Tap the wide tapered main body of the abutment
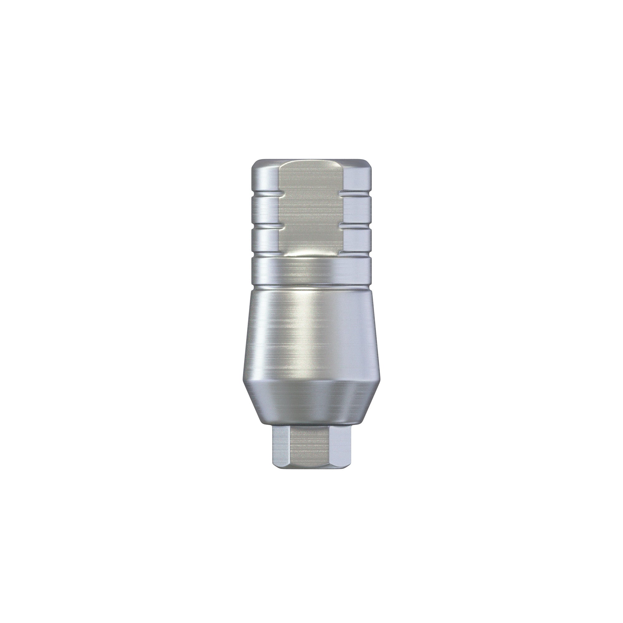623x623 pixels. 311,335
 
